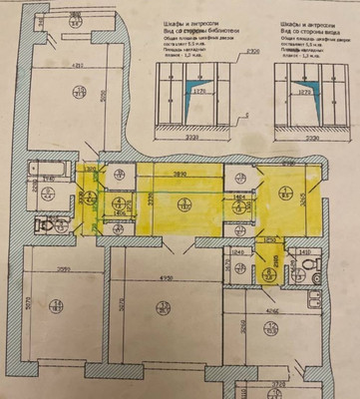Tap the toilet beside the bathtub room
click(43, 225)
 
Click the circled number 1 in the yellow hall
click(182, 204)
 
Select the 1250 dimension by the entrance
click(268, 239)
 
